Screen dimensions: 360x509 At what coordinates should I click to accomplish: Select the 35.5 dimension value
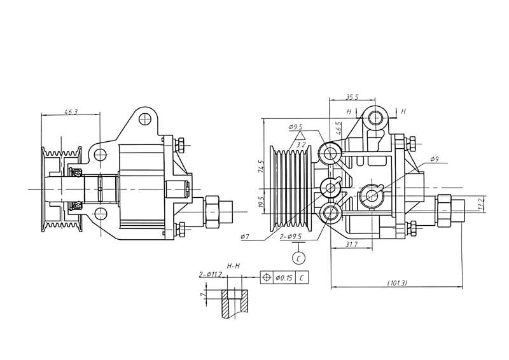click(351, 97)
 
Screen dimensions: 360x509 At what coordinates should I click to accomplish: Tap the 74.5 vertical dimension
click(260, 167)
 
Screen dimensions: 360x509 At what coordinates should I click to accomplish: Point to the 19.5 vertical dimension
click(260, 202)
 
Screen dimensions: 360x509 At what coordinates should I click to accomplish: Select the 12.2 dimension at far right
click(481, 205)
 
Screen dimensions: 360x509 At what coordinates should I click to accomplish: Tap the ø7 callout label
click(244, 237)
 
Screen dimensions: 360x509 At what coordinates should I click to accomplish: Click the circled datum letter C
click(298, 258)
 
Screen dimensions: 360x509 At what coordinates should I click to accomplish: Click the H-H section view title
click(234, 265)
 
